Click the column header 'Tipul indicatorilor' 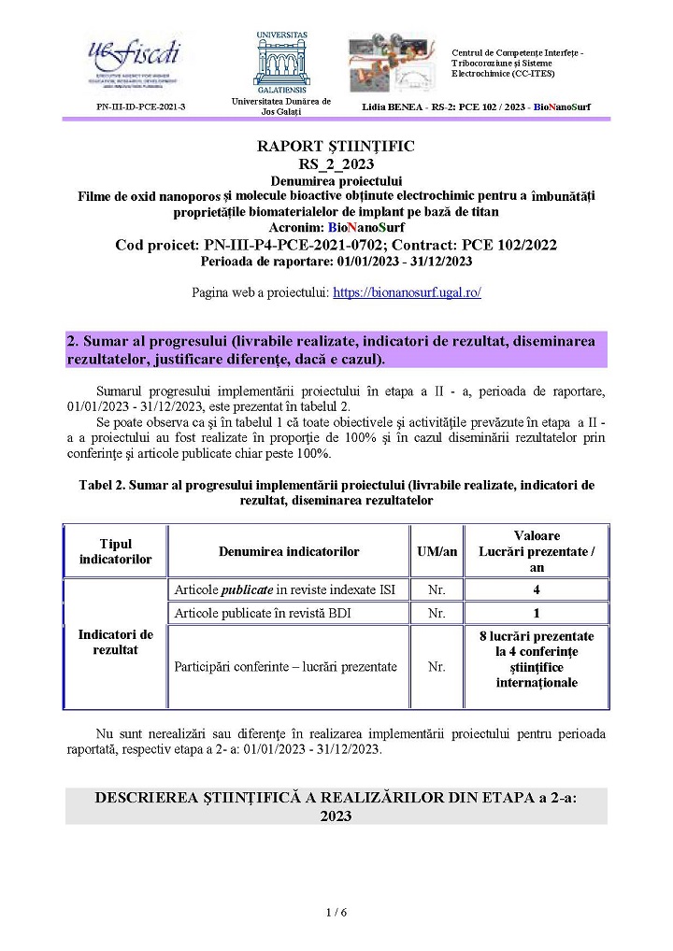(x=115, y=551)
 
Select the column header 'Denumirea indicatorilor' (x=289, y=552)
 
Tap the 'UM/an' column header (x=437, y=552)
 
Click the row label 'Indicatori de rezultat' (x=115, y=642)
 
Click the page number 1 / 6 (x=336, y=912)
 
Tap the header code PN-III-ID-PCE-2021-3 (x=141, y=107)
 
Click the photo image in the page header (x=396, y=64)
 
